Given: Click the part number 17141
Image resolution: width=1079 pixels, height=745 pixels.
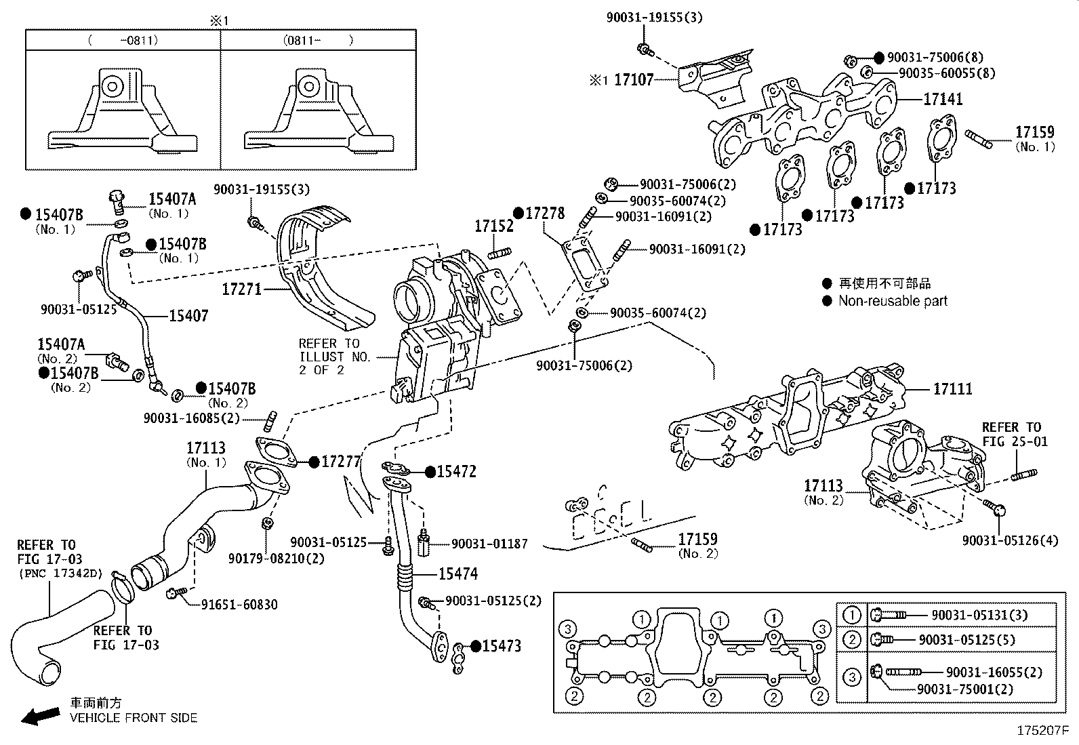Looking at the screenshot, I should pos(943,99).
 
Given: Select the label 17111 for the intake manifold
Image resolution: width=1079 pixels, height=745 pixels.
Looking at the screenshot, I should pos(952,389).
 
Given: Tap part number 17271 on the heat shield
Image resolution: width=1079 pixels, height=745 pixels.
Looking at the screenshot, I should pos(241,289).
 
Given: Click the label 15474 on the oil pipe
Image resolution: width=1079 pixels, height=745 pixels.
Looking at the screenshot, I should pos(457,574).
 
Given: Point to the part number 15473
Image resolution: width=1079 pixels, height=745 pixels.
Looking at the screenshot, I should pos(501,646).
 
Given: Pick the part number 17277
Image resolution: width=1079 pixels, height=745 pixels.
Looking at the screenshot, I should pos(341,462).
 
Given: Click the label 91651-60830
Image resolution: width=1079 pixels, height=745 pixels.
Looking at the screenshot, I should pos(239,605).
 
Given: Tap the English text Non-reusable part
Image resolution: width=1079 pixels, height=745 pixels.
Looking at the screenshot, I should pos(893,301).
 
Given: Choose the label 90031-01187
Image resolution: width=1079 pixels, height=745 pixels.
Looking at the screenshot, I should pos(489,544).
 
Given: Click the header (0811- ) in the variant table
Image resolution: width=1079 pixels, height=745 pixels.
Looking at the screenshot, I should pos(318,40).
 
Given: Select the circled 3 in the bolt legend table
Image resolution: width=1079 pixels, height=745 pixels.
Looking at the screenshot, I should pos(852,677).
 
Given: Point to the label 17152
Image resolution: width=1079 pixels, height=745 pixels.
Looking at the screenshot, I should pos(493,226).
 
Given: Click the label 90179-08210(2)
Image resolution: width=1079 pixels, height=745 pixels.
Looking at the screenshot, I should pos(266,559).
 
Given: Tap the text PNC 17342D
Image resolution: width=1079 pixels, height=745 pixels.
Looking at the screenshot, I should pos(61,573).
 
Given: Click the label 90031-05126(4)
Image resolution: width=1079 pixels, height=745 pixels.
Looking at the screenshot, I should pos(1009,540).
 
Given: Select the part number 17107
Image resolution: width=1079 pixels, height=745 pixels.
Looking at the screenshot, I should pos(633,80).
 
